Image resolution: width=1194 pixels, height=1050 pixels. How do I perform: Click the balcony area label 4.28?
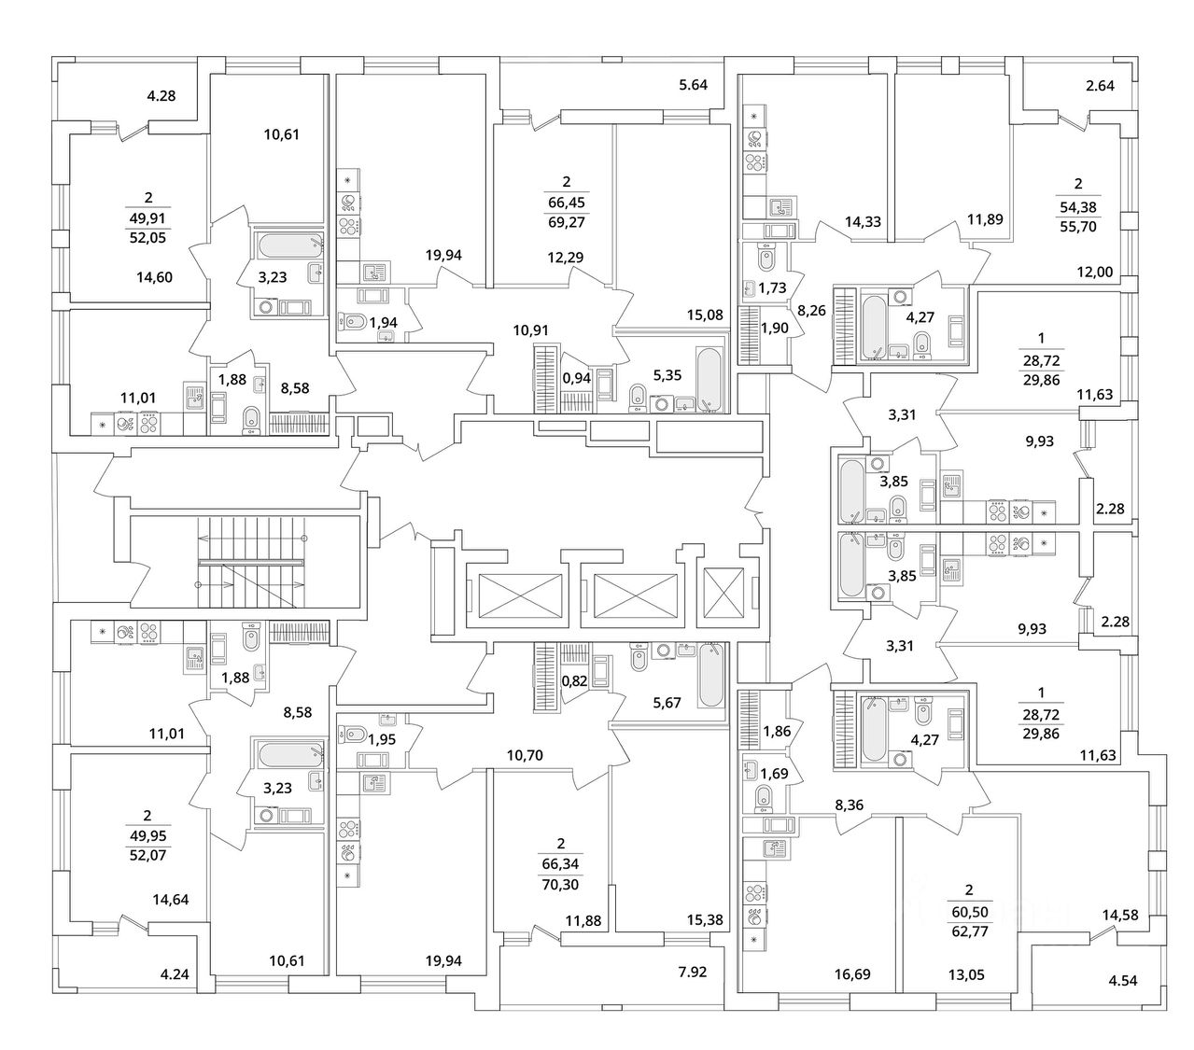(x=162, y=95)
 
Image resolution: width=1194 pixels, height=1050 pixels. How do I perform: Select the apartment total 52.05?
(x=147, y=238)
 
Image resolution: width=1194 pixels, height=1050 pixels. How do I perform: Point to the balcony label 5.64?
(x=694, y=85)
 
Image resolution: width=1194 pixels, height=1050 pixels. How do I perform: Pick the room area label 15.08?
(x=705, y=315)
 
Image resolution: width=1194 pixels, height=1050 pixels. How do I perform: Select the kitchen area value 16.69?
(x=850, y=974)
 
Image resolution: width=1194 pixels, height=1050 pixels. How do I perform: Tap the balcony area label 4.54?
(x=1122, y=980)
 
